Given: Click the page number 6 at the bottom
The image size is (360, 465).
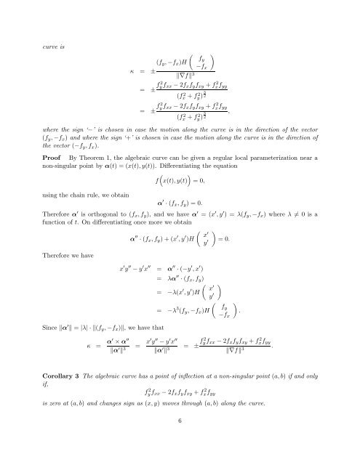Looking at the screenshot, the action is [180, 440].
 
